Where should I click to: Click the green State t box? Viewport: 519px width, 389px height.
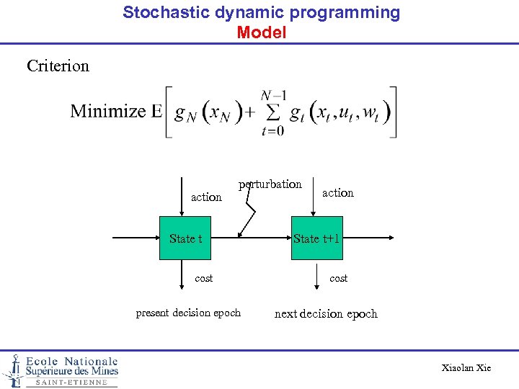tap(186, 238)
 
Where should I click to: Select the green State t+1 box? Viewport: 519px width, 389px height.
tap(316, 238)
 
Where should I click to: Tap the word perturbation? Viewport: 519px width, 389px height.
tap(270, 184)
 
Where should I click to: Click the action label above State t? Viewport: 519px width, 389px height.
tap(206, 197)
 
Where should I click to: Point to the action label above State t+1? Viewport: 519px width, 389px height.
tap(338, 193)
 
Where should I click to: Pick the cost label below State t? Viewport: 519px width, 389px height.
tap(204, 278)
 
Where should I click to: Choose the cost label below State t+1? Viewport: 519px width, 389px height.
tap(338, 278)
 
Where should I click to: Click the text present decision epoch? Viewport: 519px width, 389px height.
tap(188, 313)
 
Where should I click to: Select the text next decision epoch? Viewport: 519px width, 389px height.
tap(326, 313)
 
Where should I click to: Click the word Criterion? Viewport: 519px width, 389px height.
tap(58, 66)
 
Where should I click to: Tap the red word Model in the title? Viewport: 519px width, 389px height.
tap(261, 32)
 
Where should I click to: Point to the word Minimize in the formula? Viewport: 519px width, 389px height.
tap(108, 111)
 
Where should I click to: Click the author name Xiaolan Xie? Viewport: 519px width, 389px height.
tap(466, 368)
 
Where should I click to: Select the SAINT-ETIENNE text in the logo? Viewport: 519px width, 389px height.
tap(71, 383)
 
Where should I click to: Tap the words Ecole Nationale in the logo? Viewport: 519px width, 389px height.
tap(71, 362)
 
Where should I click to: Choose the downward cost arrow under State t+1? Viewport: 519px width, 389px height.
tap(316, 277)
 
